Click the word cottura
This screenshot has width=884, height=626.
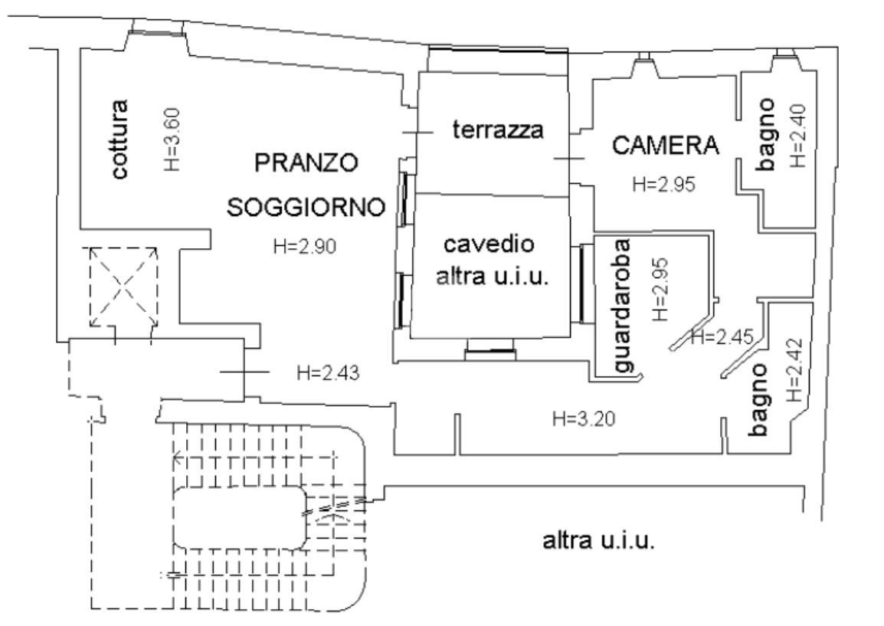120,139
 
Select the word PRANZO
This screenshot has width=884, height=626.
306,163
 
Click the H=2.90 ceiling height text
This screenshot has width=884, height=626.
305,247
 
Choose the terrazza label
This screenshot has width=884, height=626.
498,130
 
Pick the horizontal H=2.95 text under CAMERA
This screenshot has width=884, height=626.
664,185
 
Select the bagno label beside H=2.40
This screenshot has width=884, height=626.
768,135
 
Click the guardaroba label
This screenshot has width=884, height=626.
625,306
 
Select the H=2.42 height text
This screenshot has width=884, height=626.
794,372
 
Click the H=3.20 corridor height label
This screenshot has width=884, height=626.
584,418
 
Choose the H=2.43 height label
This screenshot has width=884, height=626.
328,373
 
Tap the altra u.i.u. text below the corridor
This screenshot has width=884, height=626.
598,542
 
